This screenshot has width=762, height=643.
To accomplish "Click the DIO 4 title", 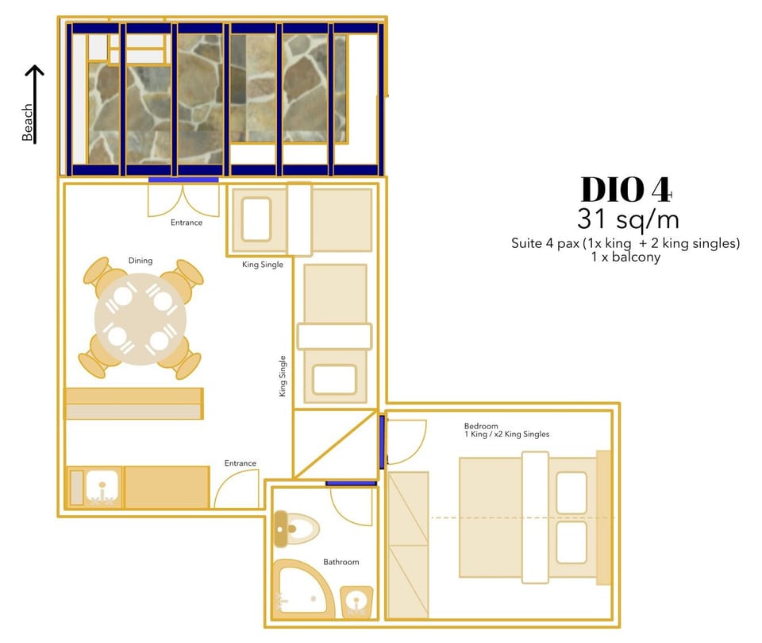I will [x=626, y=189].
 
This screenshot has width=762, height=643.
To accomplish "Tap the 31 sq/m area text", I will [x=626, y=219].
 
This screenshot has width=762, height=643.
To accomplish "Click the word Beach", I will [x=28, y=122].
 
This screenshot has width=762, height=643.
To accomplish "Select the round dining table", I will [x=141, y=319].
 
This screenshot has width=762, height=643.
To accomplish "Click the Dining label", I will [x=140, y=261].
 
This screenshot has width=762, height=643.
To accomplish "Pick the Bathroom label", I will [x=341, y=562].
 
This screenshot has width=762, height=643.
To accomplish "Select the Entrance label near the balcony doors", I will [x=187, y=223].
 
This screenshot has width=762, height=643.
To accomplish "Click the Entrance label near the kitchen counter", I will [x=240, y=463].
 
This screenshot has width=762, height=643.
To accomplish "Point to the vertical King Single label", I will [x=283, y=376].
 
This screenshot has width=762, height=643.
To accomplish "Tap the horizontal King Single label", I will [x=263, y=265].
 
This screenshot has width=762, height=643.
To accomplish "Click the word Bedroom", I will [x=482, y=426].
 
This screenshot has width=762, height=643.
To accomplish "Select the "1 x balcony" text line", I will [x=625, y=258].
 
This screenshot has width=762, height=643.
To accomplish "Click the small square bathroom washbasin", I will [x=357, y=602].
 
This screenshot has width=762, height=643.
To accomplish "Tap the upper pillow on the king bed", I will [x=571, y=493].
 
